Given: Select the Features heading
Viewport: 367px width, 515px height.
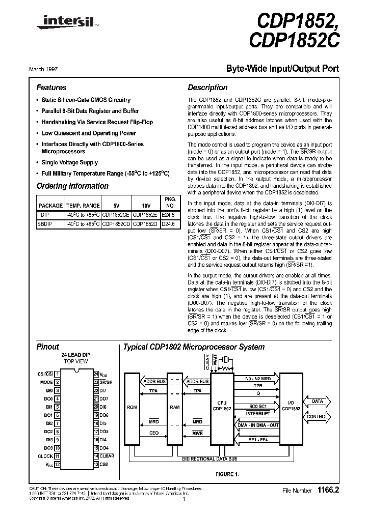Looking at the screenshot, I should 51,88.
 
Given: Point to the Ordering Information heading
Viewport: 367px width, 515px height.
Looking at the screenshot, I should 72,186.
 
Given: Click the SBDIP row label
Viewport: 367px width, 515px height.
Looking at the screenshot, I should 44,223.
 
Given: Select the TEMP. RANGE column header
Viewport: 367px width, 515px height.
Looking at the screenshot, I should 83,206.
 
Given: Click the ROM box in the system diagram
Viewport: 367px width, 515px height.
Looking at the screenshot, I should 132,407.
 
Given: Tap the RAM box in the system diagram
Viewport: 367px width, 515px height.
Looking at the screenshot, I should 175,407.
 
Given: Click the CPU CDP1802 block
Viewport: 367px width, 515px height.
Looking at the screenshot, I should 221,405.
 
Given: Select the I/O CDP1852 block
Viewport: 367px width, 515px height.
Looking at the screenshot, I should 291,405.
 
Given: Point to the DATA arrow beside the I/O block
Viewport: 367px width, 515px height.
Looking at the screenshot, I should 317,402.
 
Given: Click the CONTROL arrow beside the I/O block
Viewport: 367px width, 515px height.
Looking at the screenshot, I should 317,416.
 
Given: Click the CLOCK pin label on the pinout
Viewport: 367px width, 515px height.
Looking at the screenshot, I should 46,456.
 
